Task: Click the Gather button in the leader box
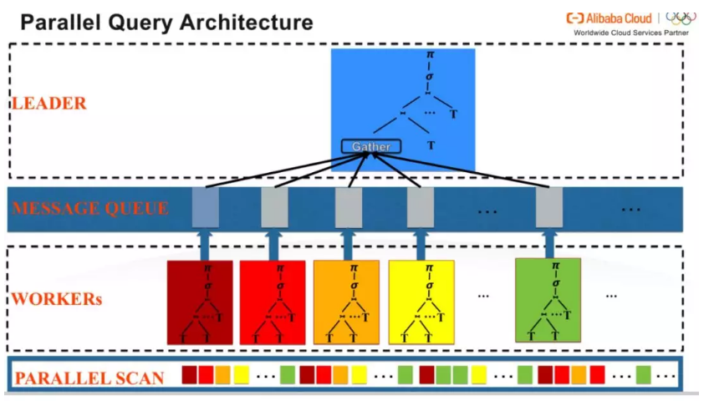click(371, 146)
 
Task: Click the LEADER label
click(48, 104)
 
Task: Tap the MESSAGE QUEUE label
click(90, 209)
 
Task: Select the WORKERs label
click(57, 298)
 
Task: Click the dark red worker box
click(200, 302)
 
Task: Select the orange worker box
click(346, 302)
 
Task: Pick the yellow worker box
click(421, 302)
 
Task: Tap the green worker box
click(548, 300)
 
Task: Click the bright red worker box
click(273, 302)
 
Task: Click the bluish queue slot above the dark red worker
click(205, 207)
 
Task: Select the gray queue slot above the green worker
click(549, 207)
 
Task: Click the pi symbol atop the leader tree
click(431, 56)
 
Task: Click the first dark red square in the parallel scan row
click(190, 373)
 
